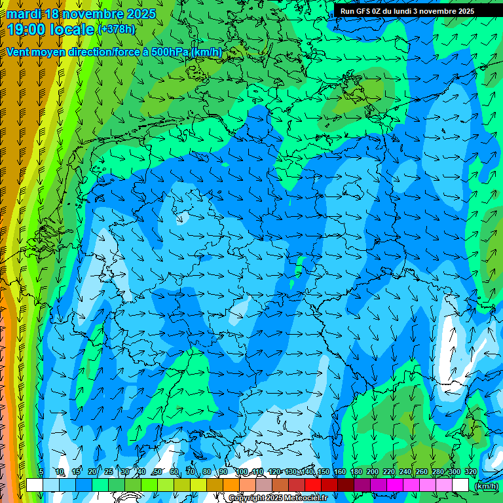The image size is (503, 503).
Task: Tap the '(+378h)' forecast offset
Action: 117,29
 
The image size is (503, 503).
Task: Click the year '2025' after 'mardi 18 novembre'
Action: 141,14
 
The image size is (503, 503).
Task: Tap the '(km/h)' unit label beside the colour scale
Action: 486,486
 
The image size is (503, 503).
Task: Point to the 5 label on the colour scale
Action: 41,472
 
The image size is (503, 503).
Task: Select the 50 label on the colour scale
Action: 158,472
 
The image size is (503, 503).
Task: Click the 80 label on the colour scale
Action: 207,472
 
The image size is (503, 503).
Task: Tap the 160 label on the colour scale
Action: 340,472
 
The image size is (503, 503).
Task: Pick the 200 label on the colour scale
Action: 373,472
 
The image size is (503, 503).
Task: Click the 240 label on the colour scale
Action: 405,472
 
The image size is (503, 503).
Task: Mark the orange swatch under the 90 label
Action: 231,485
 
